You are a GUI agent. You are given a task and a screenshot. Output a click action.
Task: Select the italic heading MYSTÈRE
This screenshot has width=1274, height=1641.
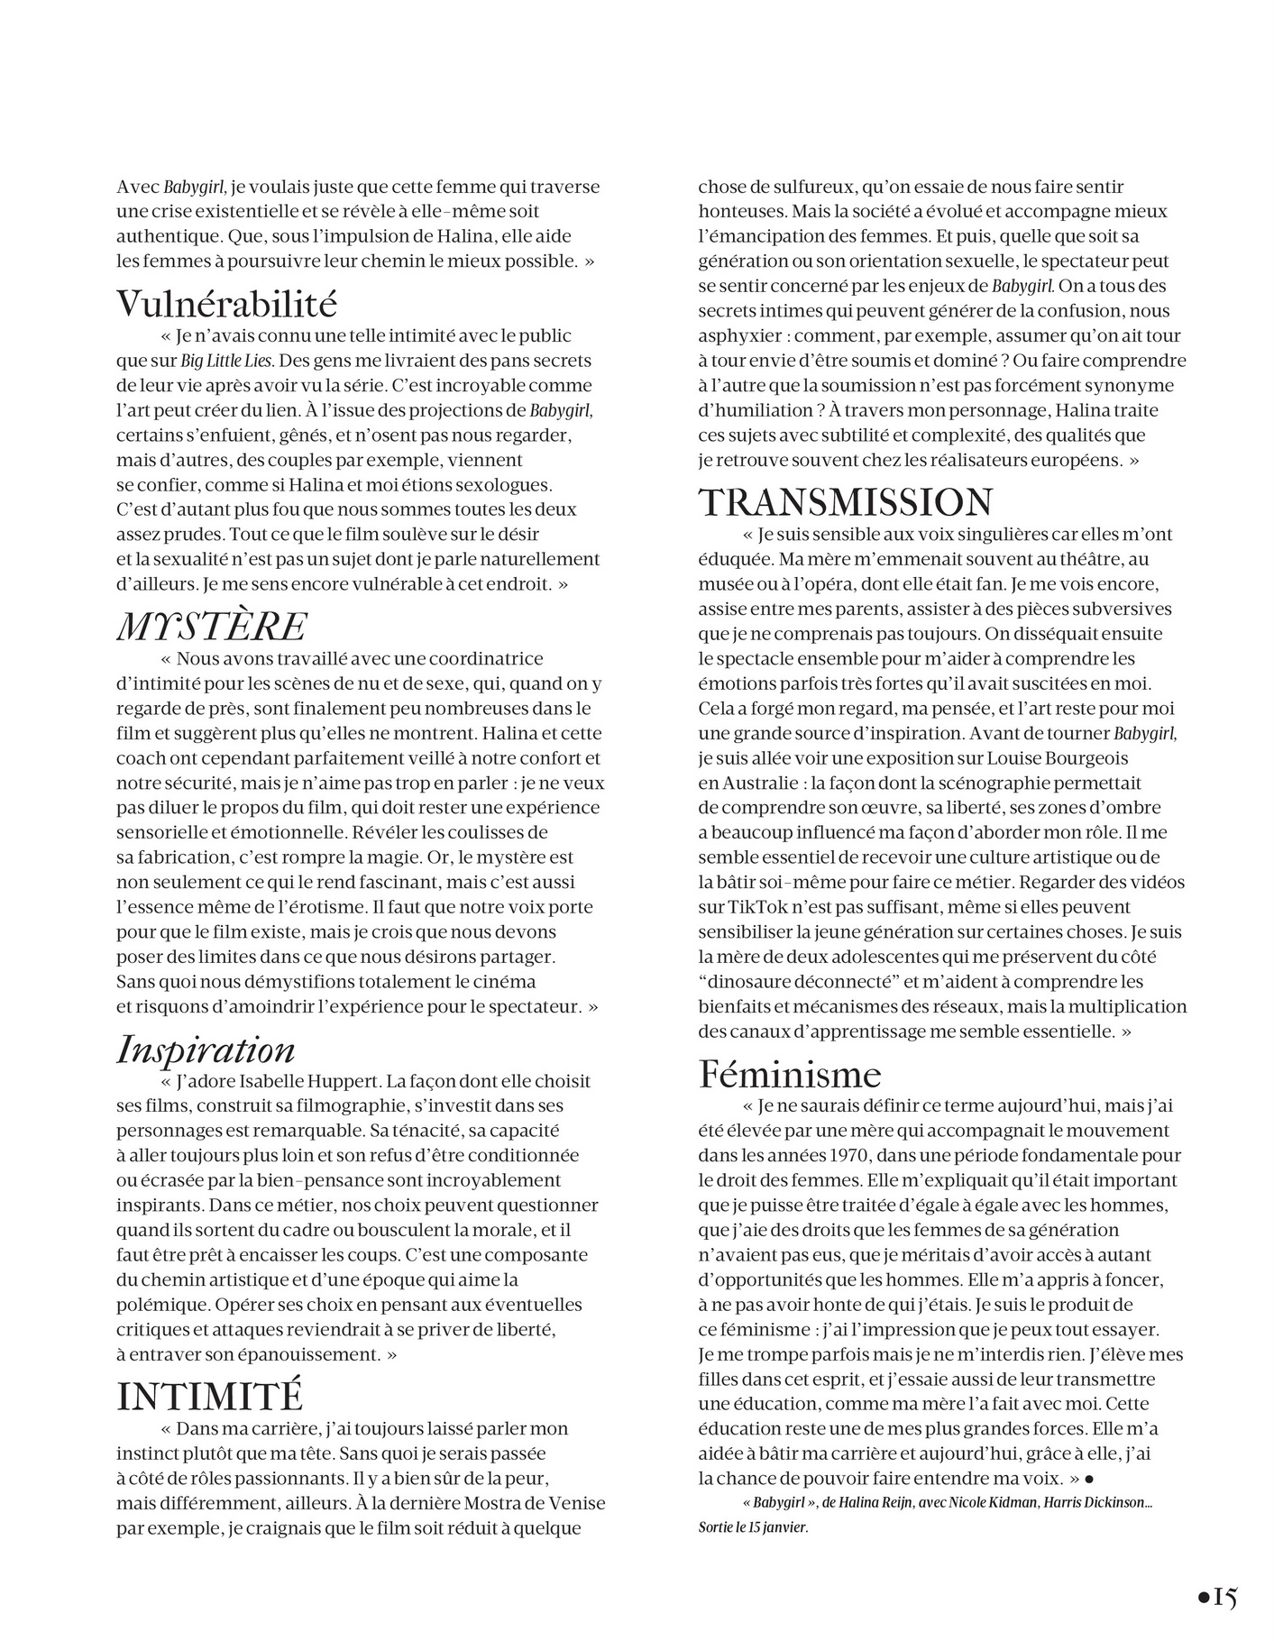[x=212, y=627]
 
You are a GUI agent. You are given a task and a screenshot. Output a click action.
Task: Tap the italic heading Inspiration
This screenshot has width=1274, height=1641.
[x=206, y=1050]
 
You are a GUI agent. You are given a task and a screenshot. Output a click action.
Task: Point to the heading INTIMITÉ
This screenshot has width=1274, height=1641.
[x=209, y=1397]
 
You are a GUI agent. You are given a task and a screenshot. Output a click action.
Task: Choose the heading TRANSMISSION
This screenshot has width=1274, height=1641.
[x=846, y=502]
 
